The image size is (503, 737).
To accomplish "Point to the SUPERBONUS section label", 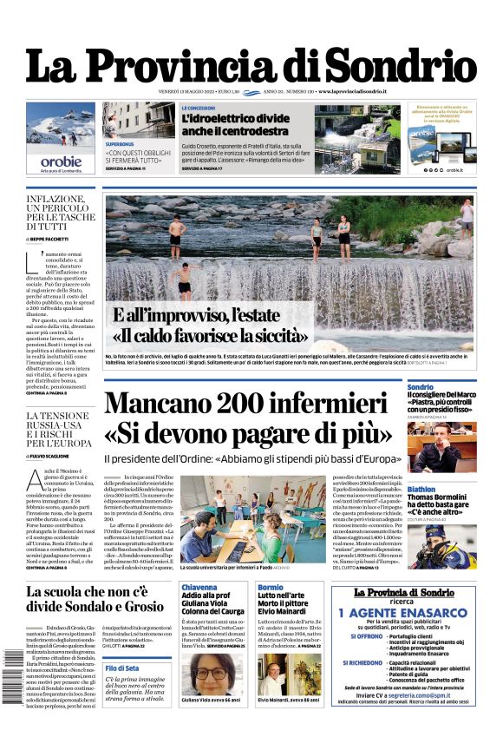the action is (x=120, y=142).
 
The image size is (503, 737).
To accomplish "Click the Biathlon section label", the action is (x=421, y=489).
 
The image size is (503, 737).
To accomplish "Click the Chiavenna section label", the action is (x=199, y=587).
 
